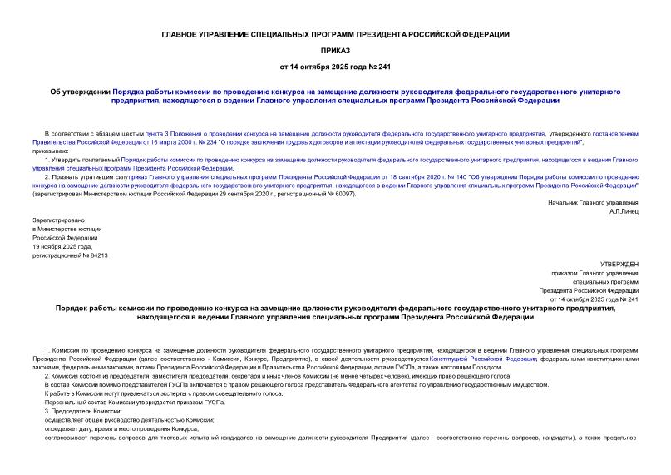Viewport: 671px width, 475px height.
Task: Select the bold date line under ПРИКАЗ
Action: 335,65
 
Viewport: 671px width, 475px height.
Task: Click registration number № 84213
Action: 94,255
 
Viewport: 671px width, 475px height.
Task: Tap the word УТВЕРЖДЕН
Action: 617,264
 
